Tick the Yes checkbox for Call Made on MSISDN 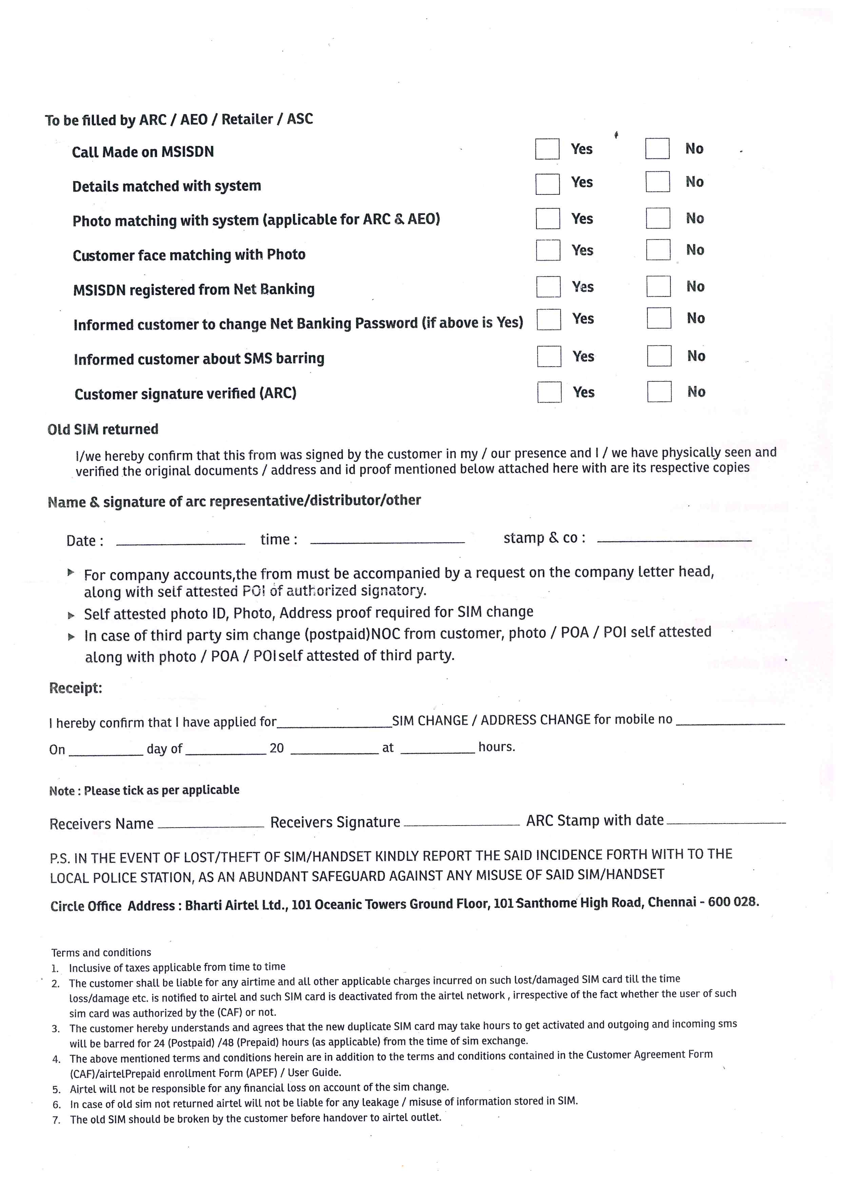click(x=547, y=149)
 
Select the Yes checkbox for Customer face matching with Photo click(x=548, y=250)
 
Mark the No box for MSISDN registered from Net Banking click(x=658, y=286)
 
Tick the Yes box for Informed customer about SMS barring click(x=549, y=356)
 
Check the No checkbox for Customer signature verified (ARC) click(x=659, y=392)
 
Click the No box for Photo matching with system click(x=658, y=218)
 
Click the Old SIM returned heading click(x=102, y=430)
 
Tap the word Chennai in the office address click(x=672, y=902)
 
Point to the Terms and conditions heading click(x=101, y=953)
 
